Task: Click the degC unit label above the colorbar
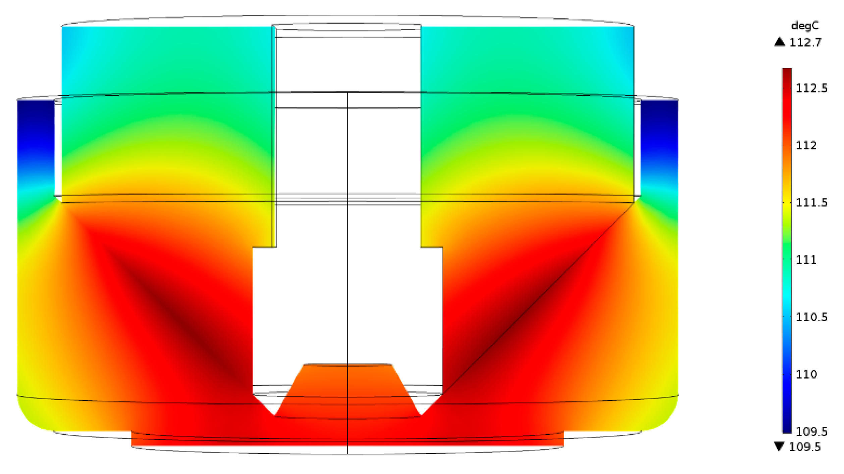coord(805,26)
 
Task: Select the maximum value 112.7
coord(805,42)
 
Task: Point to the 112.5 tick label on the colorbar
coord(811,88)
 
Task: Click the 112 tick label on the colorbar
coord(806,145)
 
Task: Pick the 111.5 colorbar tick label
coord(811,202)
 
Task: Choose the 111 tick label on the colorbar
coord(806,259)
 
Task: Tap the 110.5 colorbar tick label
coord(811,317)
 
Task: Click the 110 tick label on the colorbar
coord(806,374)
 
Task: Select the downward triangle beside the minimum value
coord(779,446)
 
